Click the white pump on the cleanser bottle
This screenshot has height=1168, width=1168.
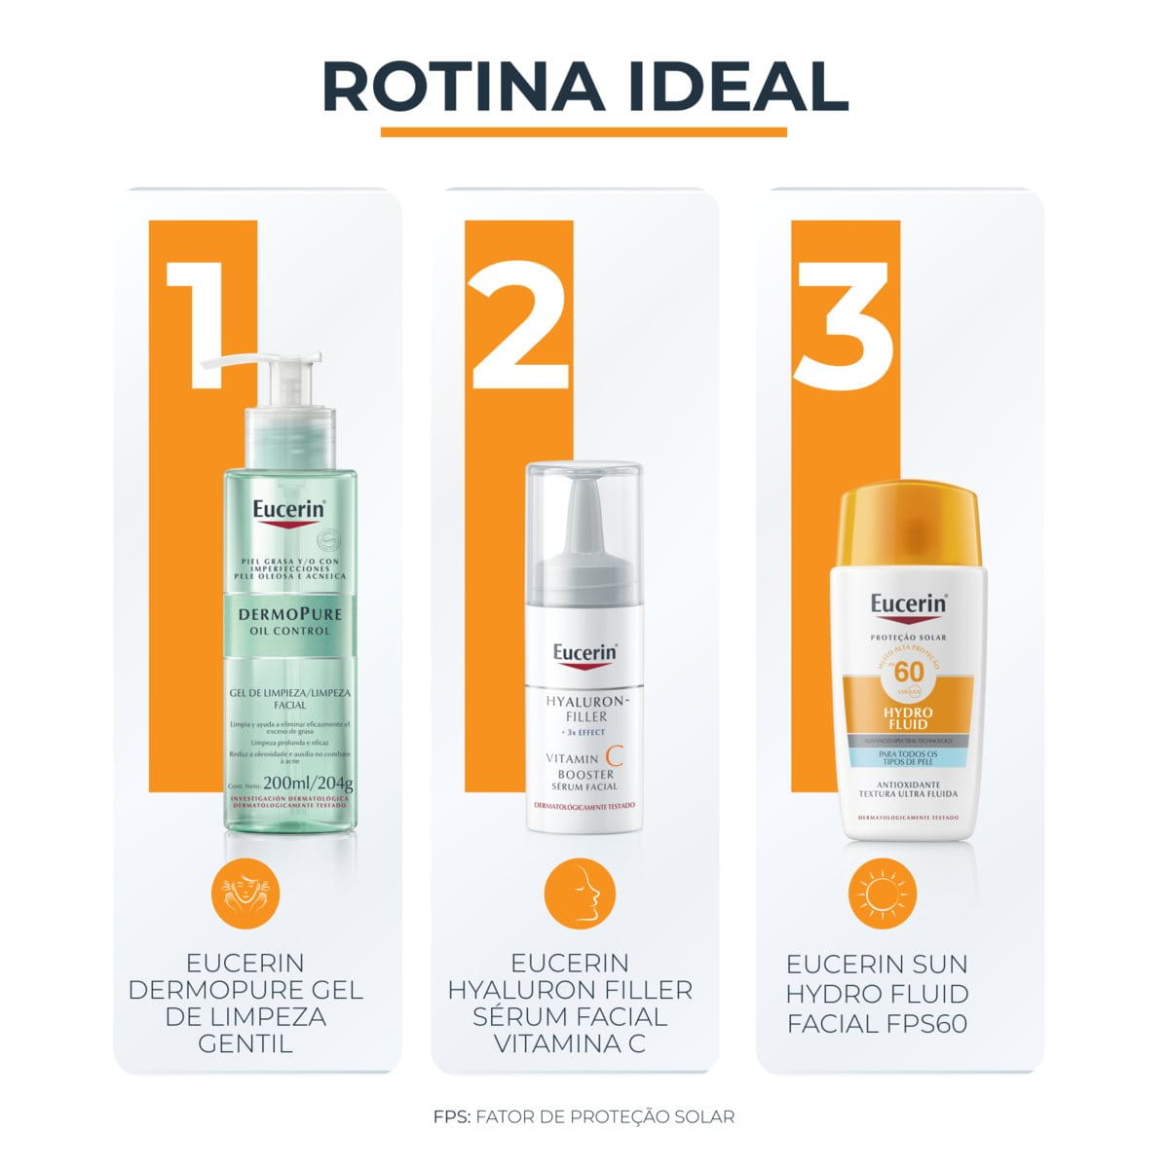261,375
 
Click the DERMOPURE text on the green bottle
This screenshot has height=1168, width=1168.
289,613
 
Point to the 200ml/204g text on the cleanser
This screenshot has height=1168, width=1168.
308,783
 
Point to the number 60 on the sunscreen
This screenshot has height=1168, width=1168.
908,673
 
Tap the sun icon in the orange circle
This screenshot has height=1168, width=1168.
883,894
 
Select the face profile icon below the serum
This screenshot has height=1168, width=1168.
578,894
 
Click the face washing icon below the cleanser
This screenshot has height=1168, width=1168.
245,894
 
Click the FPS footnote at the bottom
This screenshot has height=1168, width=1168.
584,1116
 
